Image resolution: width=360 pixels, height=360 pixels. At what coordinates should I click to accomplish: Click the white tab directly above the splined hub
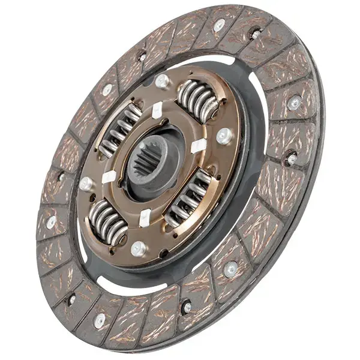157,111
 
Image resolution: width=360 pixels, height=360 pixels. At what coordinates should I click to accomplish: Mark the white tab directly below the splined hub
145,217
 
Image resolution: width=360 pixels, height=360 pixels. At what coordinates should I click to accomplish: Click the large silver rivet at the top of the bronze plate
161,80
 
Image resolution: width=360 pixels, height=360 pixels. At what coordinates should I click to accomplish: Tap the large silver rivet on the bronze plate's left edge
86,183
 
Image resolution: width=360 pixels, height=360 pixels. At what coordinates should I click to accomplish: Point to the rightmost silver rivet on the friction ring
294,103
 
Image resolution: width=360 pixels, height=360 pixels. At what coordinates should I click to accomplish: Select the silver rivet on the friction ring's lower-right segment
231,269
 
